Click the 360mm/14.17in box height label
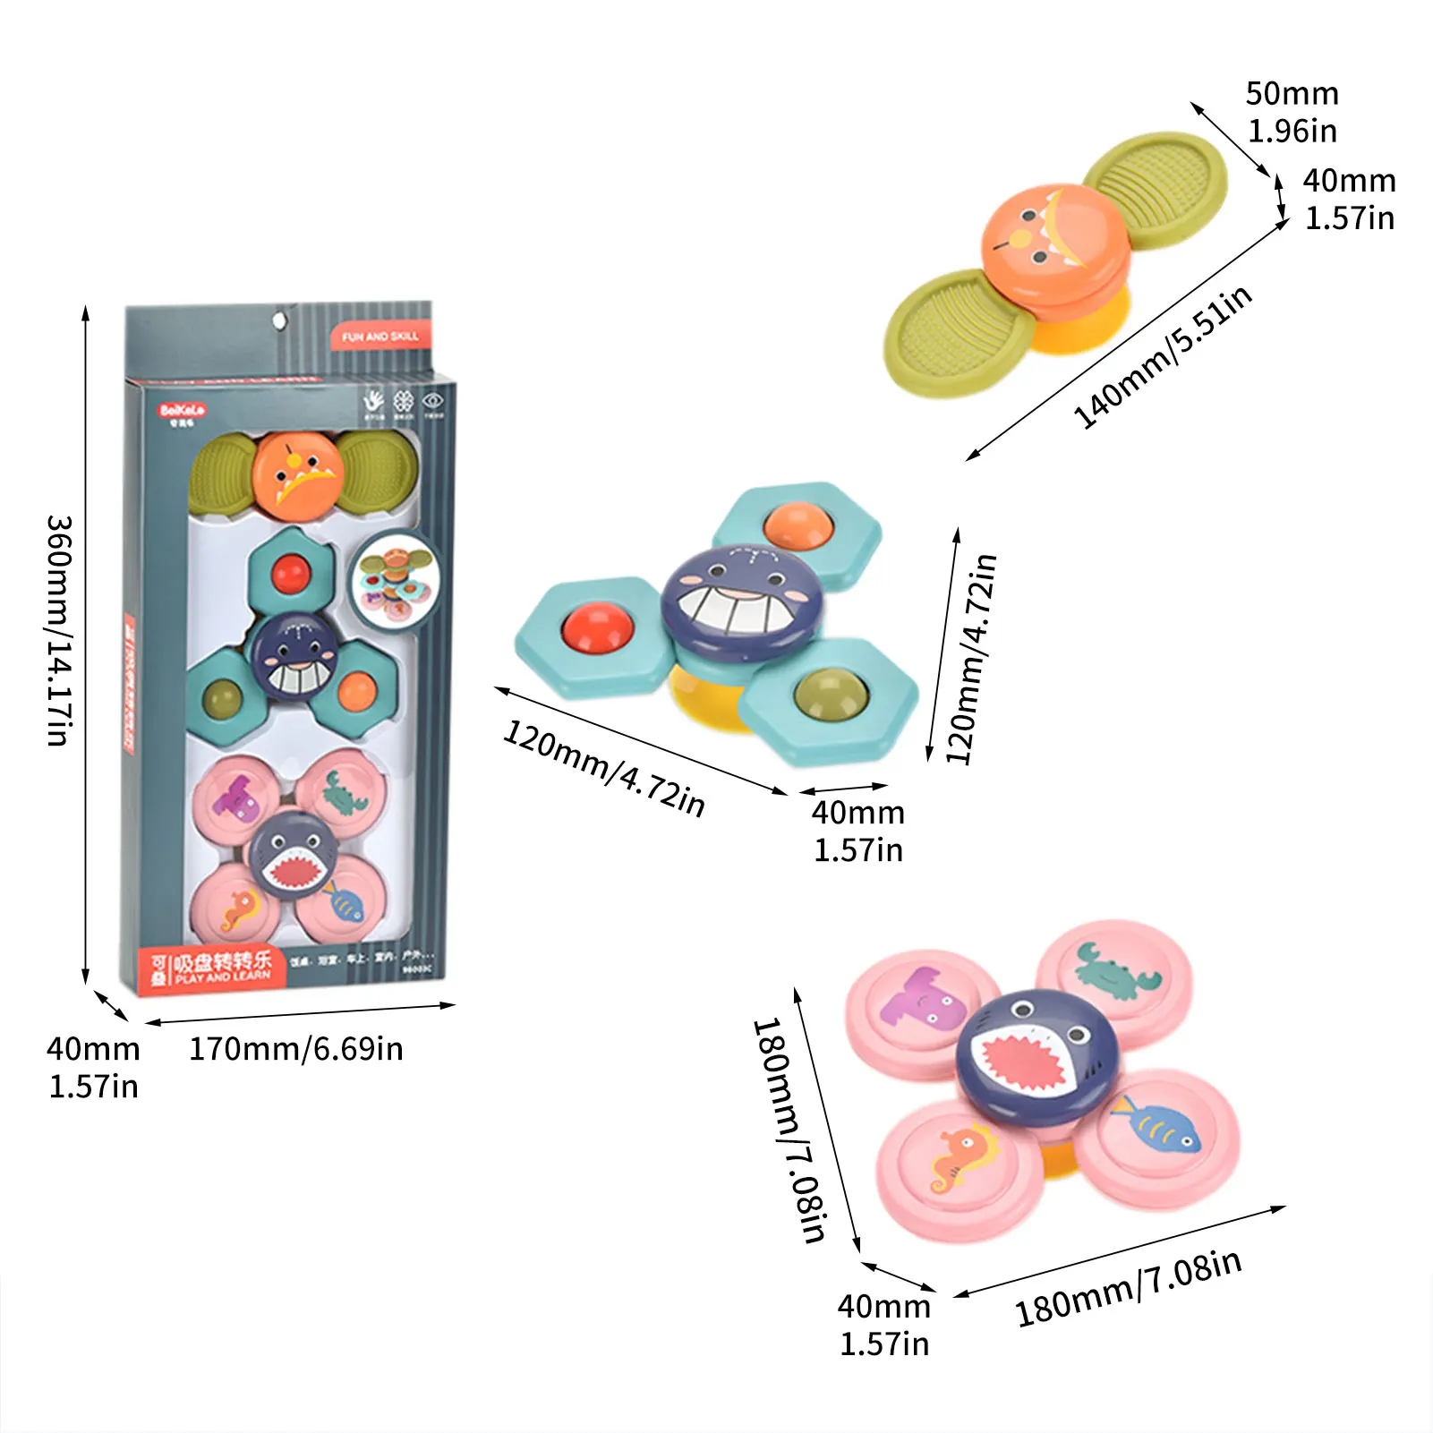[x=59, y=630]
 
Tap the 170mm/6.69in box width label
[x=295, y=1048]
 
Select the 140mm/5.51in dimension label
[x=1162, y=357]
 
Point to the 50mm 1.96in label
[x=1292, y=112]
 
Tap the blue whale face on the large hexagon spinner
[x=742, y=599]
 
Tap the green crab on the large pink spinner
[x=1116, y=972]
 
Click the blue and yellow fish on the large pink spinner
[x=1156, y=1127]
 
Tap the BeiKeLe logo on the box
[x=182, y=411]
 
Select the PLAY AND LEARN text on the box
[x=223, y=977]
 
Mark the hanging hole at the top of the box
[x=279, y=319]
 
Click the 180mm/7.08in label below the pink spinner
[x=1128, y=1287]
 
